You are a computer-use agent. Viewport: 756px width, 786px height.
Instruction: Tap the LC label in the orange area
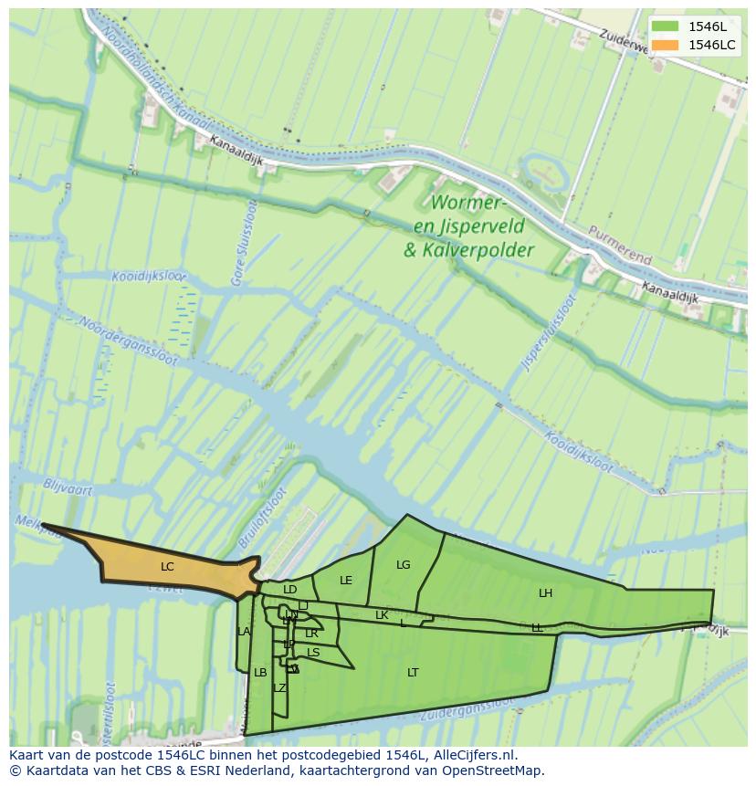click(x=167, y=567)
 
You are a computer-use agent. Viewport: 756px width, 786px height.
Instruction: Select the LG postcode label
click(x=404, y=565)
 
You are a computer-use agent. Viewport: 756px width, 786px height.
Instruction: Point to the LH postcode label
click(x=545, y=593)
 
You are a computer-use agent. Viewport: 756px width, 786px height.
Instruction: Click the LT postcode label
click(x=413, y=673)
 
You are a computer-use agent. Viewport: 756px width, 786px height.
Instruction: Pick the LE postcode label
click(x=346, y=581)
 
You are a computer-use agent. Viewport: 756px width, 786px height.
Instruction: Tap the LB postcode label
click(x=260, y=673)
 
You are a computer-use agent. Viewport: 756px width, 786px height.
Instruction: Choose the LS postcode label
click(x=313, y=653)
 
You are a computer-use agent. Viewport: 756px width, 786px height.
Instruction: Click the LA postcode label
click(x=244, y=632)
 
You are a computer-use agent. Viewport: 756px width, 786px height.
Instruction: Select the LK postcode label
click(x=382, y=615)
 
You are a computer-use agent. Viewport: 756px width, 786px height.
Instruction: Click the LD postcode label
click(x=290, y=590)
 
